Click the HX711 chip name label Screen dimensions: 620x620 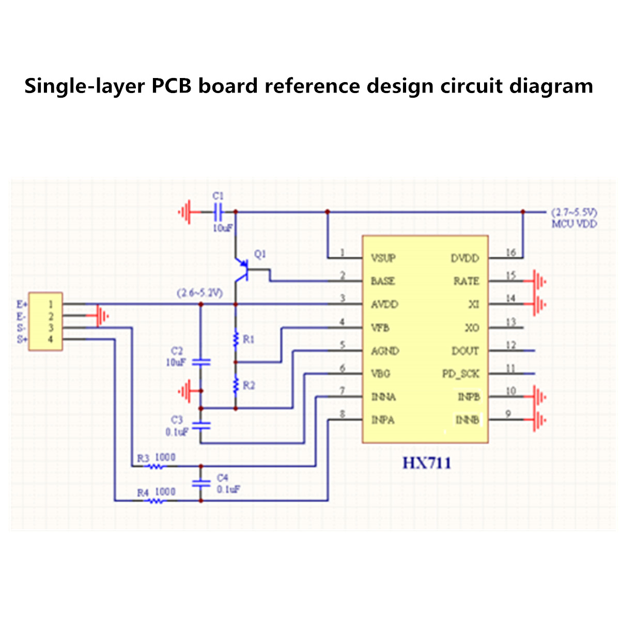(x=427, y=463)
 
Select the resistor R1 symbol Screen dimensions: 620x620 (x=236, y=339)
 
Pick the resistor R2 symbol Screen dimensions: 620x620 (x=236, y=384)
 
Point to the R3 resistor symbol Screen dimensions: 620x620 (x=156, y=467)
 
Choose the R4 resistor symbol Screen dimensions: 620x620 (x=156, y=501)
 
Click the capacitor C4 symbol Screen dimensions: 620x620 (x=201, y=483)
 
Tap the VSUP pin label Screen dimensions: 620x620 (x=383, y=258)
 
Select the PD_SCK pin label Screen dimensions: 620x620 (x=460, y=374)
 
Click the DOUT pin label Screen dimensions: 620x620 (x=465, y=351)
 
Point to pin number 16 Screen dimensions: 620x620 (x=510, y=253)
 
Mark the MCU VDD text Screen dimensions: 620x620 (x=574, y=224)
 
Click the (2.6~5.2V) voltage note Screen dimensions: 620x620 (x=199, y=293)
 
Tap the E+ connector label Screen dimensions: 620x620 (x=22, y=304)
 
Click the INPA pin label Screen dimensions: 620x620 (x=383, y=420)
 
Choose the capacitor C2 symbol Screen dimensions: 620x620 (x=201, y=362)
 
